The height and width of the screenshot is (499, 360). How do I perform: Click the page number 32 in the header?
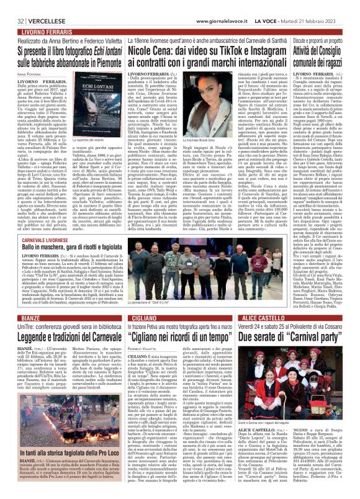point(12,5)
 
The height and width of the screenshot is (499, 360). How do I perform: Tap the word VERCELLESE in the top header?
point(37,5)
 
